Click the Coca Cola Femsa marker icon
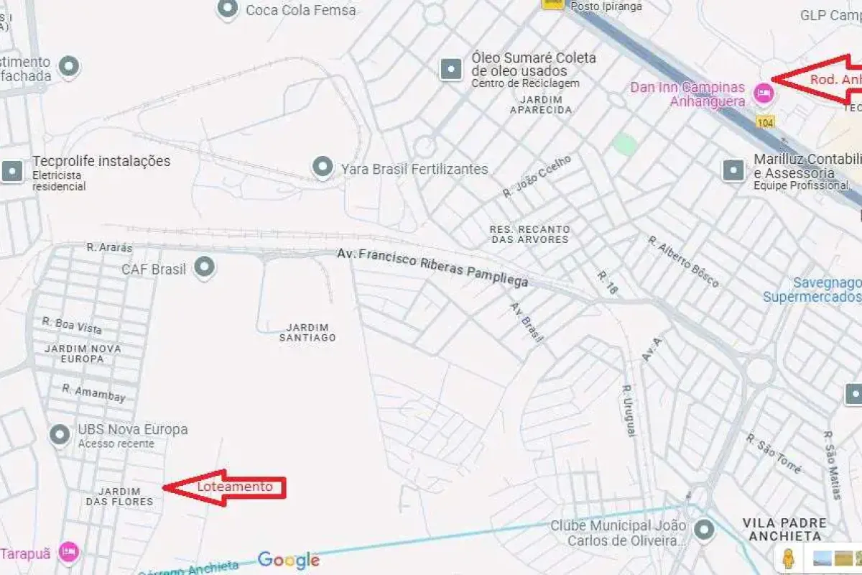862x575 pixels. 228,9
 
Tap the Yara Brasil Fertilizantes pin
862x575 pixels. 323,168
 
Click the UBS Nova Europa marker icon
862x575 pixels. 59,434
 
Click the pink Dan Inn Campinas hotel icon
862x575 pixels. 763,93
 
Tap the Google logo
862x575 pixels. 289,560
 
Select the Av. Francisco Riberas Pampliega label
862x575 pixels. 432,267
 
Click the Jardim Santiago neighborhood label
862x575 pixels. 307,332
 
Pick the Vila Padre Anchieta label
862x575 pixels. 784,529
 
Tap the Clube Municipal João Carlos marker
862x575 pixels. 704,530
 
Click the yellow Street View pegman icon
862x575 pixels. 789,558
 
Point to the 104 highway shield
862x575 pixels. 765,124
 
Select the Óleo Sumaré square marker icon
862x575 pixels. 451,69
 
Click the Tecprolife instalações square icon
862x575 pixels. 12,171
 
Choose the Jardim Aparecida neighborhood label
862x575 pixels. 541,104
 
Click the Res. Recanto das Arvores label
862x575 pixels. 529,234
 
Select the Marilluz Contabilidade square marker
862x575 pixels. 733,170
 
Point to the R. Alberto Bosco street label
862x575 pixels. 682,262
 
